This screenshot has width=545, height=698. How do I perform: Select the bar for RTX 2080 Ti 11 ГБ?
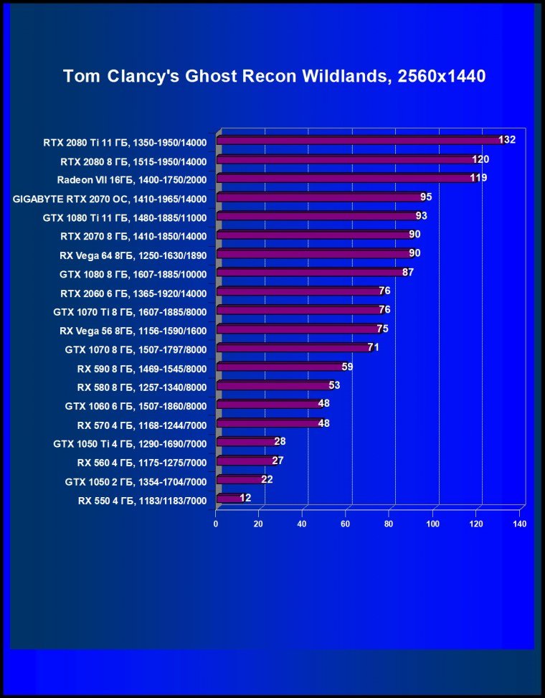[359, 140]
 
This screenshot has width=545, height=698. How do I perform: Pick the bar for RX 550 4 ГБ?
[229, 498]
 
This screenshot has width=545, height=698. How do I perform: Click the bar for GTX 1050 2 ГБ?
[240, 479]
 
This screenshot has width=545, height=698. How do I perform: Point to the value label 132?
[507, 139]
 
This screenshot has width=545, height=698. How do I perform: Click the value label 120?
[480, 159]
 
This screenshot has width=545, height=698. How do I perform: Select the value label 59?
[347, 367]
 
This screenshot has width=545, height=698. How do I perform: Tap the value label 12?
[245, 498]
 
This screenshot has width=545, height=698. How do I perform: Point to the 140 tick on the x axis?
[519, 524]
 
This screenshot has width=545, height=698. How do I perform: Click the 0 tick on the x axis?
[216, 524]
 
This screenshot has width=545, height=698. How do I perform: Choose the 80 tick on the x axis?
[389, 524]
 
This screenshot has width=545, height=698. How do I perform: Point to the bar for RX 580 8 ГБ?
[273, 385]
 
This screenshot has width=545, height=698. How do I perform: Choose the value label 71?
[373, 347]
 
